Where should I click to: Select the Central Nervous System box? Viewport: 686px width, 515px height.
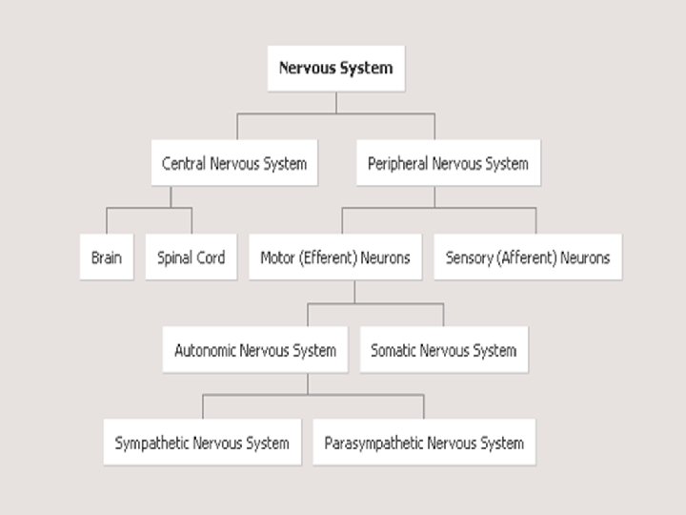tap(234, 163)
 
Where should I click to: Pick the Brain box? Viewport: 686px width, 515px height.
tap(107, 257)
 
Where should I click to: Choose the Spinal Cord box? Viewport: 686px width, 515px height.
tap(191, 257)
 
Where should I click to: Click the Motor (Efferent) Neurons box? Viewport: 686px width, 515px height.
tap(335, 257)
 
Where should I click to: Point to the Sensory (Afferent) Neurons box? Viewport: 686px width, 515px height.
tap(528, 257)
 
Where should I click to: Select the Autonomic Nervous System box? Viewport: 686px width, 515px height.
tap(255, 350)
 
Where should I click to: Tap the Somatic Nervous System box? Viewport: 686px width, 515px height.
tap(444, 350)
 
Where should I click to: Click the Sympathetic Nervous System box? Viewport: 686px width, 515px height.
tap(202, 443)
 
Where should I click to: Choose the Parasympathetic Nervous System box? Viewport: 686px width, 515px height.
tap(424, 443)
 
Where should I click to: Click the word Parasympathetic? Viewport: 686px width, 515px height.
tap(373, 443)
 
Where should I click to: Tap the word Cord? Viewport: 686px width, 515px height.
tap(210, 257)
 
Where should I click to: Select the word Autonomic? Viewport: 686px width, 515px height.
tap(206, 350)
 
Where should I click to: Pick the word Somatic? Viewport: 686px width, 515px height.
tap(394, 350)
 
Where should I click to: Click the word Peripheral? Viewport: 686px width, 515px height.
tap(398, 163)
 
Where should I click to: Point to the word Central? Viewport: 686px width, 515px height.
tap(184, 163)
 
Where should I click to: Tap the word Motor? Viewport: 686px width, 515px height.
tap(278, 257)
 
